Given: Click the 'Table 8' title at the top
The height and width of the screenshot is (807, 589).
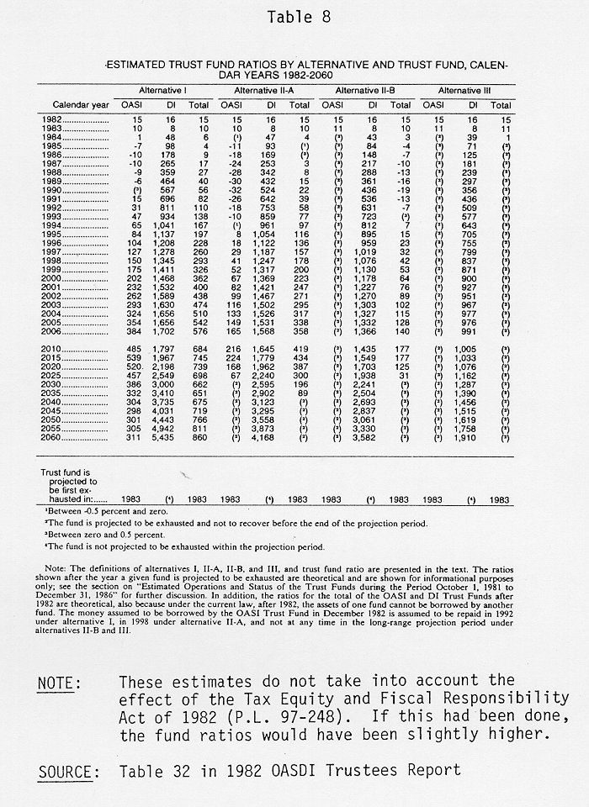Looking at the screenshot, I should coord(294,16).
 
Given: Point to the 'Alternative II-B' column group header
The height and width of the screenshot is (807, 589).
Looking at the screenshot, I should coord(367,89).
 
